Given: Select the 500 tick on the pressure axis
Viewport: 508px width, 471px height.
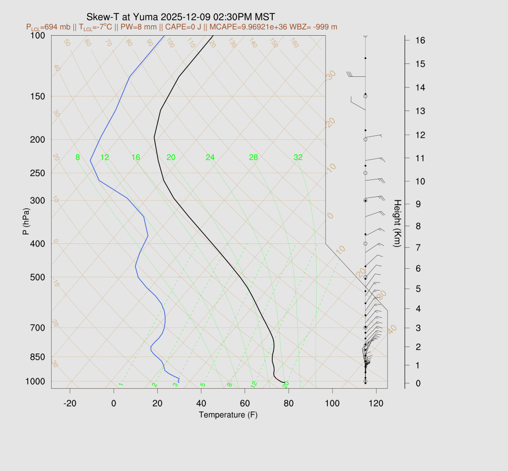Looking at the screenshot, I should tap(37, 277).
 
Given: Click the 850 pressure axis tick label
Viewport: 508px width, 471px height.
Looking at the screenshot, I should tap(37, 357).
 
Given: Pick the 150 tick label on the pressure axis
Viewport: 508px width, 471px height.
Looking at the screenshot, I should tap(37, 96).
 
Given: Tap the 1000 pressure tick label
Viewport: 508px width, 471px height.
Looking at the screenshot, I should tap(35, 381).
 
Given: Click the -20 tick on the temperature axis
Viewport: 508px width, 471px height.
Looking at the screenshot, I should tap(70, 404).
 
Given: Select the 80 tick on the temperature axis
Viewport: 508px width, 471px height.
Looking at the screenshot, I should tap(289, 404).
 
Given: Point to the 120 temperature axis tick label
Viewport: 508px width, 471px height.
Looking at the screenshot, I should tap(376, 404).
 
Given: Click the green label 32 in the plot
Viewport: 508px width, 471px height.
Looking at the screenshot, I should tap(298, 158).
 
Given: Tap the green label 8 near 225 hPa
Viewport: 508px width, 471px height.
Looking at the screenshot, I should tap(77, 158).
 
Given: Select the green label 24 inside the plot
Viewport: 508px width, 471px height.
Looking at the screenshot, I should tap(210, 158).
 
